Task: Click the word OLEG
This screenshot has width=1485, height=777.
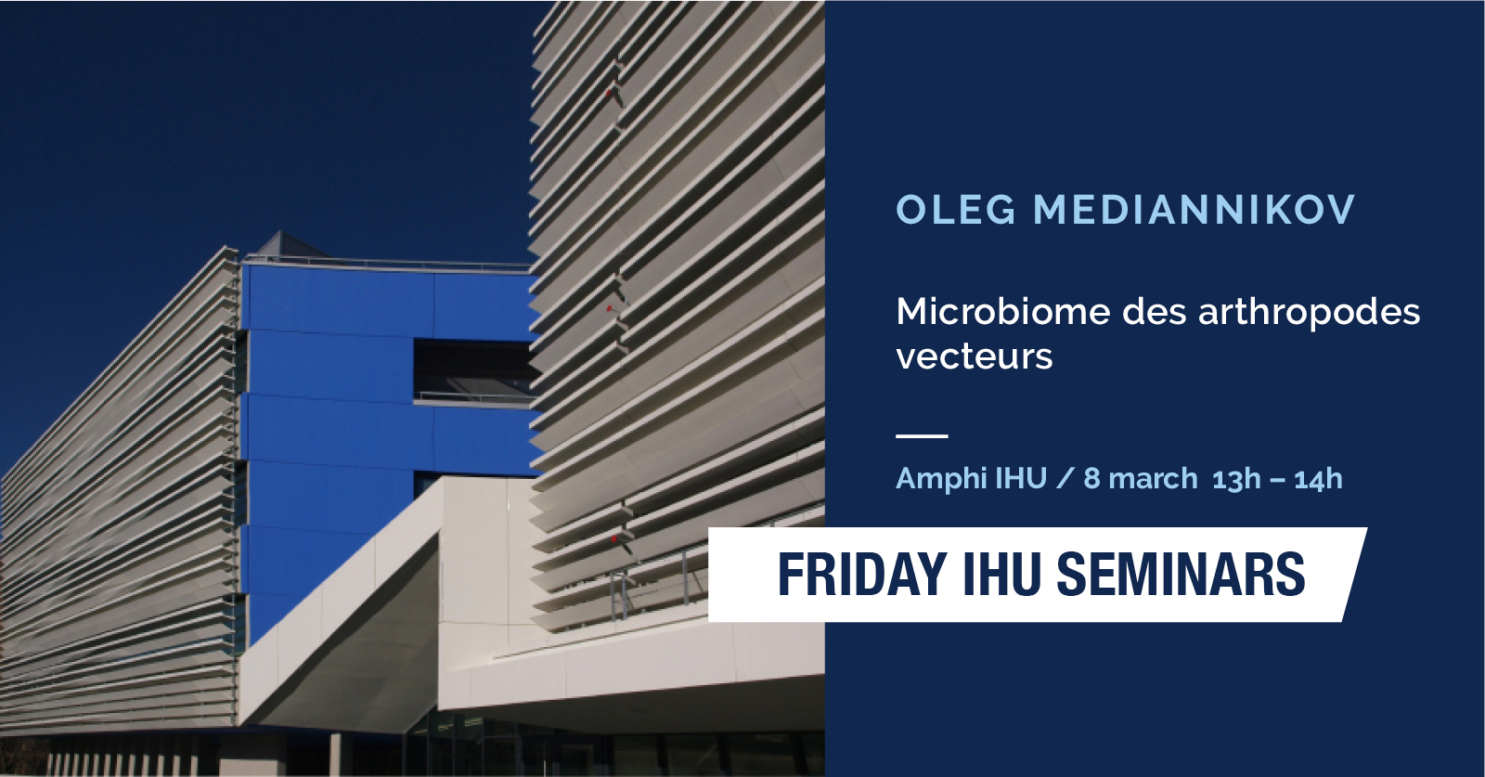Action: (956, 210)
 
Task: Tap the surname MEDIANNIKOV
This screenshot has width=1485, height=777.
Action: (1194, 210)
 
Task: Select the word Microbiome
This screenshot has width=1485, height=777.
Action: (1003, 311)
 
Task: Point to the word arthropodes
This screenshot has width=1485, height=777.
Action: (1310, 313)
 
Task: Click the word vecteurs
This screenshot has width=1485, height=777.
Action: (974, 356)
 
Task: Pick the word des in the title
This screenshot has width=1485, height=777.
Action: (1155, 311)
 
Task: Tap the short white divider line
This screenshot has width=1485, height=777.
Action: (922, 435)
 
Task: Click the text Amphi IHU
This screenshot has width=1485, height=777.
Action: (971, 479)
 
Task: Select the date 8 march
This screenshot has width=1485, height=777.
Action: (1141, 479)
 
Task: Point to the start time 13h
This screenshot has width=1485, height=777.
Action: (1236, 479)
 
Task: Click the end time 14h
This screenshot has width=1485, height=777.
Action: (1319, 479)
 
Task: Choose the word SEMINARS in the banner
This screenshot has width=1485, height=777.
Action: (1180, 574)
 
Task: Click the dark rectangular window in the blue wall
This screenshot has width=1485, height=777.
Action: (475, 370)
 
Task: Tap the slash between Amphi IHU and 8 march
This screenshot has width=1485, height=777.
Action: (1065, 479)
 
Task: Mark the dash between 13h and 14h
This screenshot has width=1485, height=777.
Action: (1277, 480)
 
